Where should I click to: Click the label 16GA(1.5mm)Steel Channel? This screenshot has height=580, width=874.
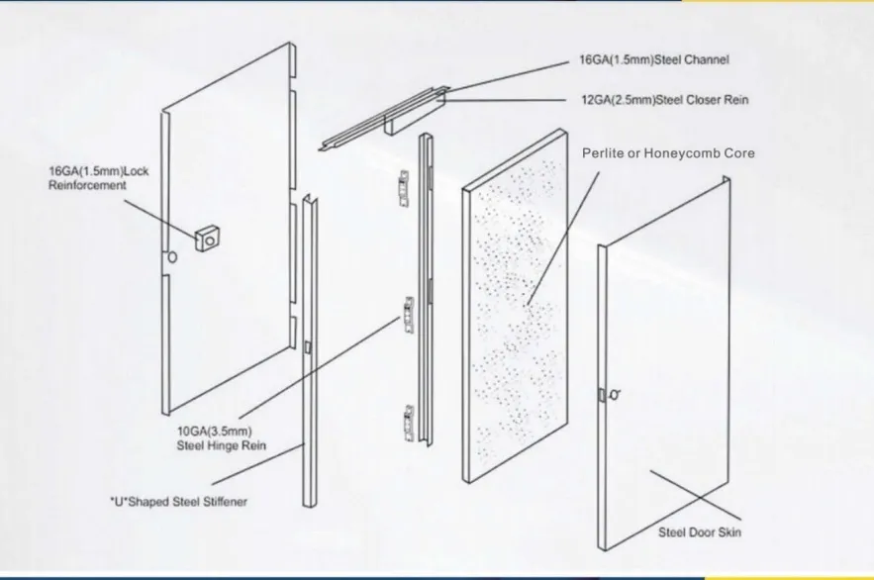(653, 60)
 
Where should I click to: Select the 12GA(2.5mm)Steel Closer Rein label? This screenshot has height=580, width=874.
(664, 100)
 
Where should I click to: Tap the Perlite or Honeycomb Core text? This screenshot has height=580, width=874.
(668, 153)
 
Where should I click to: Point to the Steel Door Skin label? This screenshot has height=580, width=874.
(700, 532)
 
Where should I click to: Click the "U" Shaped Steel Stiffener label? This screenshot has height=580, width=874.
(178, 502)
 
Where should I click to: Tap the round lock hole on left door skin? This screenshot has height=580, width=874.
(173, 256)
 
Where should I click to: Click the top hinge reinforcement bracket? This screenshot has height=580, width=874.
(403, 183)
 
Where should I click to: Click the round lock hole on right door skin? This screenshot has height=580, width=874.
(618, 393)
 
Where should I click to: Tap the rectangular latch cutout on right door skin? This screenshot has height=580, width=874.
(602, 395)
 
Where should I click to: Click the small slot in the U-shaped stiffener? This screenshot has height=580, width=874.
(308, 347)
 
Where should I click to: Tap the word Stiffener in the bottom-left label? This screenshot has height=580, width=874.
(219, 502)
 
